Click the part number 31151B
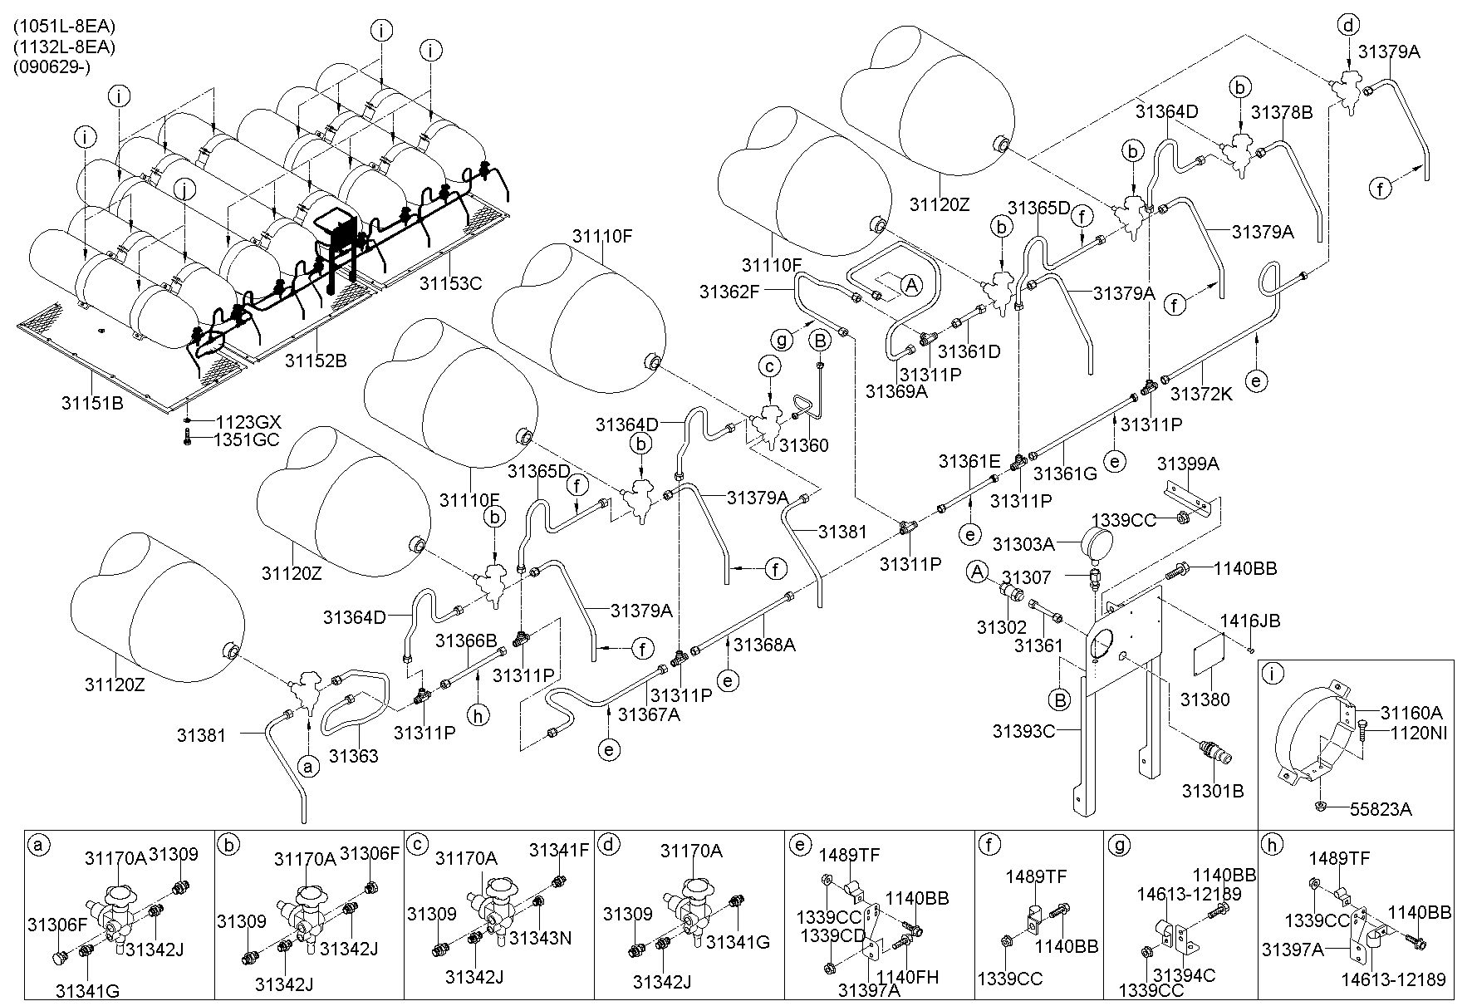(92, 403)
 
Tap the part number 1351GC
(248, 439)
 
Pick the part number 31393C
(1024, 731)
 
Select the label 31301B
(1214, 792)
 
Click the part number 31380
(1205, 700)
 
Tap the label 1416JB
(1249, 621)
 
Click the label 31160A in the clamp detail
(1411, 713)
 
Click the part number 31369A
(895, 390)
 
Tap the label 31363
(353, 756)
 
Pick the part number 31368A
(764, 644)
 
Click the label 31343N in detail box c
(540, 938)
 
